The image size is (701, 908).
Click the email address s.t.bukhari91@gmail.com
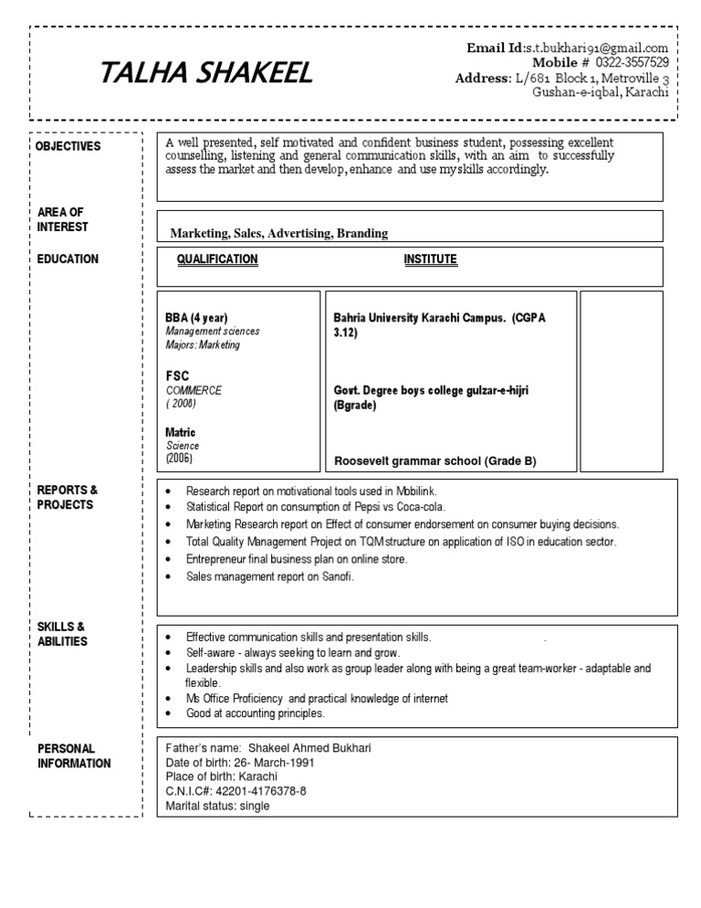click(x=596, y=48)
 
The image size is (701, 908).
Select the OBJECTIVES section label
click(x=69, y=147)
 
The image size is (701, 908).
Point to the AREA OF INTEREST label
click(x=63, y=219)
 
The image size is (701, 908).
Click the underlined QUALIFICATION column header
click(x=217, y=259)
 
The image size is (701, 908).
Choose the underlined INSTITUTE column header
click(x=430, y=259)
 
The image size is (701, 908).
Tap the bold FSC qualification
click(x=177, y=375)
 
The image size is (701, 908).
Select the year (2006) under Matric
click(x=179, y=459)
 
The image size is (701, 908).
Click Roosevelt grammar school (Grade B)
click(x=434, y=461)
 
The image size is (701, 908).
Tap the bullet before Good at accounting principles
click(x=169, y=713)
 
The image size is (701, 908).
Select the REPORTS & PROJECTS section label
click(x=68, y=498)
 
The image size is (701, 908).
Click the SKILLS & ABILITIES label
click(x=62, y=634)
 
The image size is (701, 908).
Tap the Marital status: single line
click(x=218, y=806)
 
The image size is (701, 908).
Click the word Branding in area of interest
click(x=362, y=233)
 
